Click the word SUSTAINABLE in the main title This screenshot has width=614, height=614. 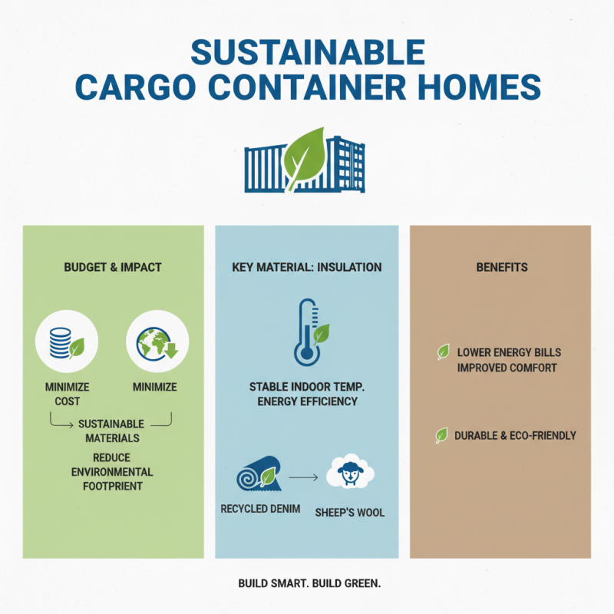pos(307,51)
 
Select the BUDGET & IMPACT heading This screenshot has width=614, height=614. pos(114,268)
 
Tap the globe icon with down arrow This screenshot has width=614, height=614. pos(157,340)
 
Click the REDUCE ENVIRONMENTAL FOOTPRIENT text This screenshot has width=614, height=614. pos(112,472)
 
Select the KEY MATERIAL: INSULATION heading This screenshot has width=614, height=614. pos(306,268)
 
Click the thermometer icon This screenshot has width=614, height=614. pos(306,332)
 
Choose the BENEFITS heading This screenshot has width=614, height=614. pos(500,268)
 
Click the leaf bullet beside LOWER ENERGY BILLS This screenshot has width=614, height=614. pos(443,352)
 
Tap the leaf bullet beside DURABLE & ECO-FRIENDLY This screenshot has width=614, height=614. pos(442,436)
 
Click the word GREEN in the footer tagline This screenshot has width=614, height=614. pos(361,583)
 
